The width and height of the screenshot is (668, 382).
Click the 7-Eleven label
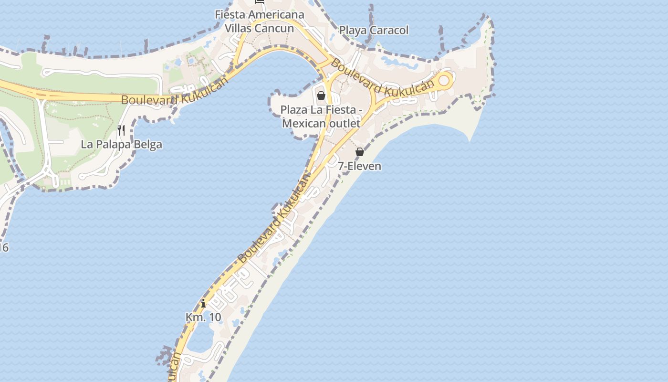[x=359, y=166]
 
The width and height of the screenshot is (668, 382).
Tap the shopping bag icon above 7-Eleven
[x=360, y=152]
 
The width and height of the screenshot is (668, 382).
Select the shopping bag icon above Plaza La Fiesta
[x=321, y=95]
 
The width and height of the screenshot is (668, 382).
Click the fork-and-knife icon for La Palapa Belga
[x=121, y=130]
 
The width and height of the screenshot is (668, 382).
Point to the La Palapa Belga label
[x=121, y=144]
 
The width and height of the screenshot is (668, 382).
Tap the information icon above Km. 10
[x=203, y=303]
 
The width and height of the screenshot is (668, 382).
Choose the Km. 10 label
[x=203, y=317]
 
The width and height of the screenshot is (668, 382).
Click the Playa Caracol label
[x=374, y=31]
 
